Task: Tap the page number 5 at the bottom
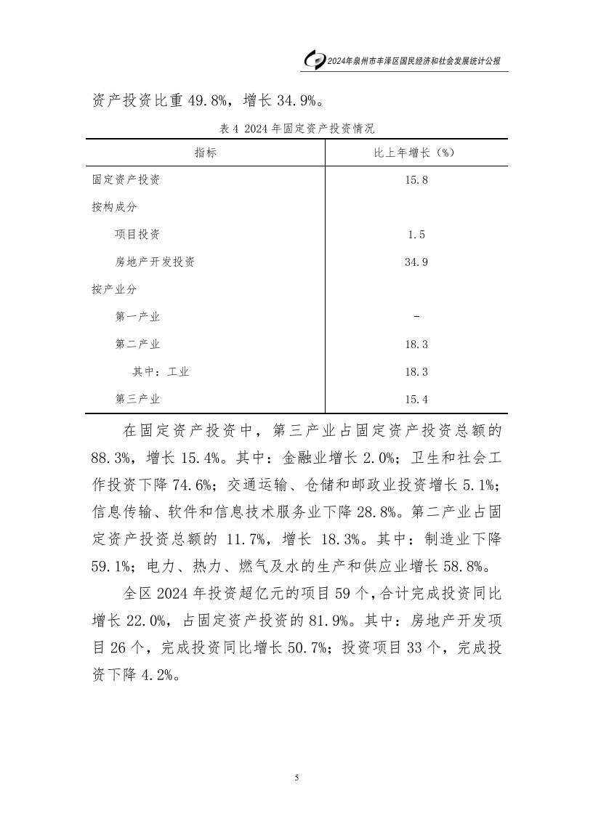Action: tap(296, 778)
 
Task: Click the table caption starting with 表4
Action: tap(296, 129)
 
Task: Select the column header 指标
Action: tap(205, 153)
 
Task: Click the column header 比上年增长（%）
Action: tap(416, 153)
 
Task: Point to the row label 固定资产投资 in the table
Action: tap(126, 179)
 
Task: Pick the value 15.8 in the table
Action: tap(416, 179)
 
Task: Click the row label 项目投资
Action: tap(137, 234)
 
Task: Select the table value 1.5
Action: tap(416, 234)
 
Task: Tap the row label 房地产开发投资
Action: tap(154, 262)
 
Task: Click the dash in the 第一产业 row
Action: tap(416, 316)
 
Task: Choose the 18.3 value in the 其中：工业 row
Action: tap(416, 371)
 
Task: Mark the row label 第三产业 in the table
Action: tap(137, 399)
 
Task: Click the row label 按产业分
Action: tap(114, 288)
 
